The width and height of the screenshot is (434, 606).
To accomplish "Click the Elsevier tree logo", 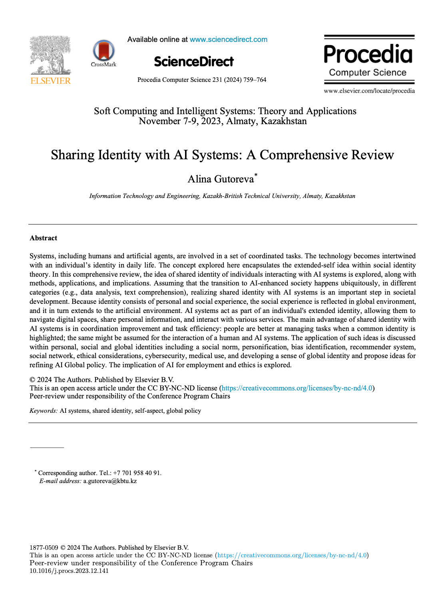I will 50,55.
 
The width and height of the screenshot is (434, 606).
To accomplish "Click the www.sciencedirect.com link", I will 228,40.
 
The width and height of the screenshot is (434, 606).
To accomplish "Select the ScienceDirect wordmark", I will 194,61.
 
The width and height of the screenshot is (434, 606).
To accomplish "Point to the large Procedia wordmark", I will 368,54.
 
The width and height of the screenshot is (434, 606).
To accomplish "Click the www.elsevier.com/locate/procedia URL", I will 369,91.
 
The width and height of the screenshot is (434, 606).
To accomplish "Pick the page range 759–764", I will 255,80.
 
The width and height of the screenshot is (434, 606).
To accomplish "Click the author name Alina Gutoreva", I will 221,179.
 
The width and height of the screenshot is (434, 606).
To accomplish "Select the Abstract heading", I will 44,238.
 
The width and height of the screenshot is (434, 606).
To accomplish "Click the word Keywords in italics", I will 43,411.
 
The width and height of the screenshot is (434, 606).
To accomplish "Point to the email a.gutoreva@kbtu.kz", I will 110,481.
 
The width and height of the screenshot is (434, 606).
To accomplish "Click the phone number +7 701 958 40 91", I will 137,473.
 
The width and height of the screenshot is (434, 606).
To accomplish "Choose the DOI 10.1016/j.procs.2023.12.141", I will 69,571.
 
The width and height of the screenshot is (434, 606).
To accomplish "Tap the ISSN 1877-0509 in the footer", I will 44,548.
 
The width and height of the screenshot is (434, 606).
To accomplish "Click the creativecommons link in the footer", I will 292,555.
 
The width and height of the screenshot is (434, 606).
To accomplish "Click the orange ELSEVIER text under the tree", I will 50,81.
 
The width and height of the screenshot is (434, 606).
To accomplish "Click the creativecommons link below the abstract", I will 297,388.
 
